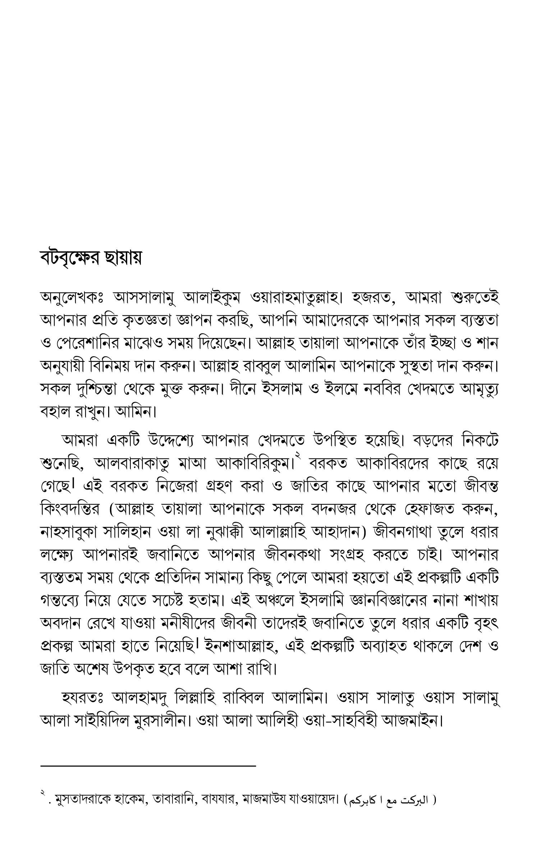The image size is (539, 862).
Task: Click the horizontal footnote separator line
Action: click(148, 766)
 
